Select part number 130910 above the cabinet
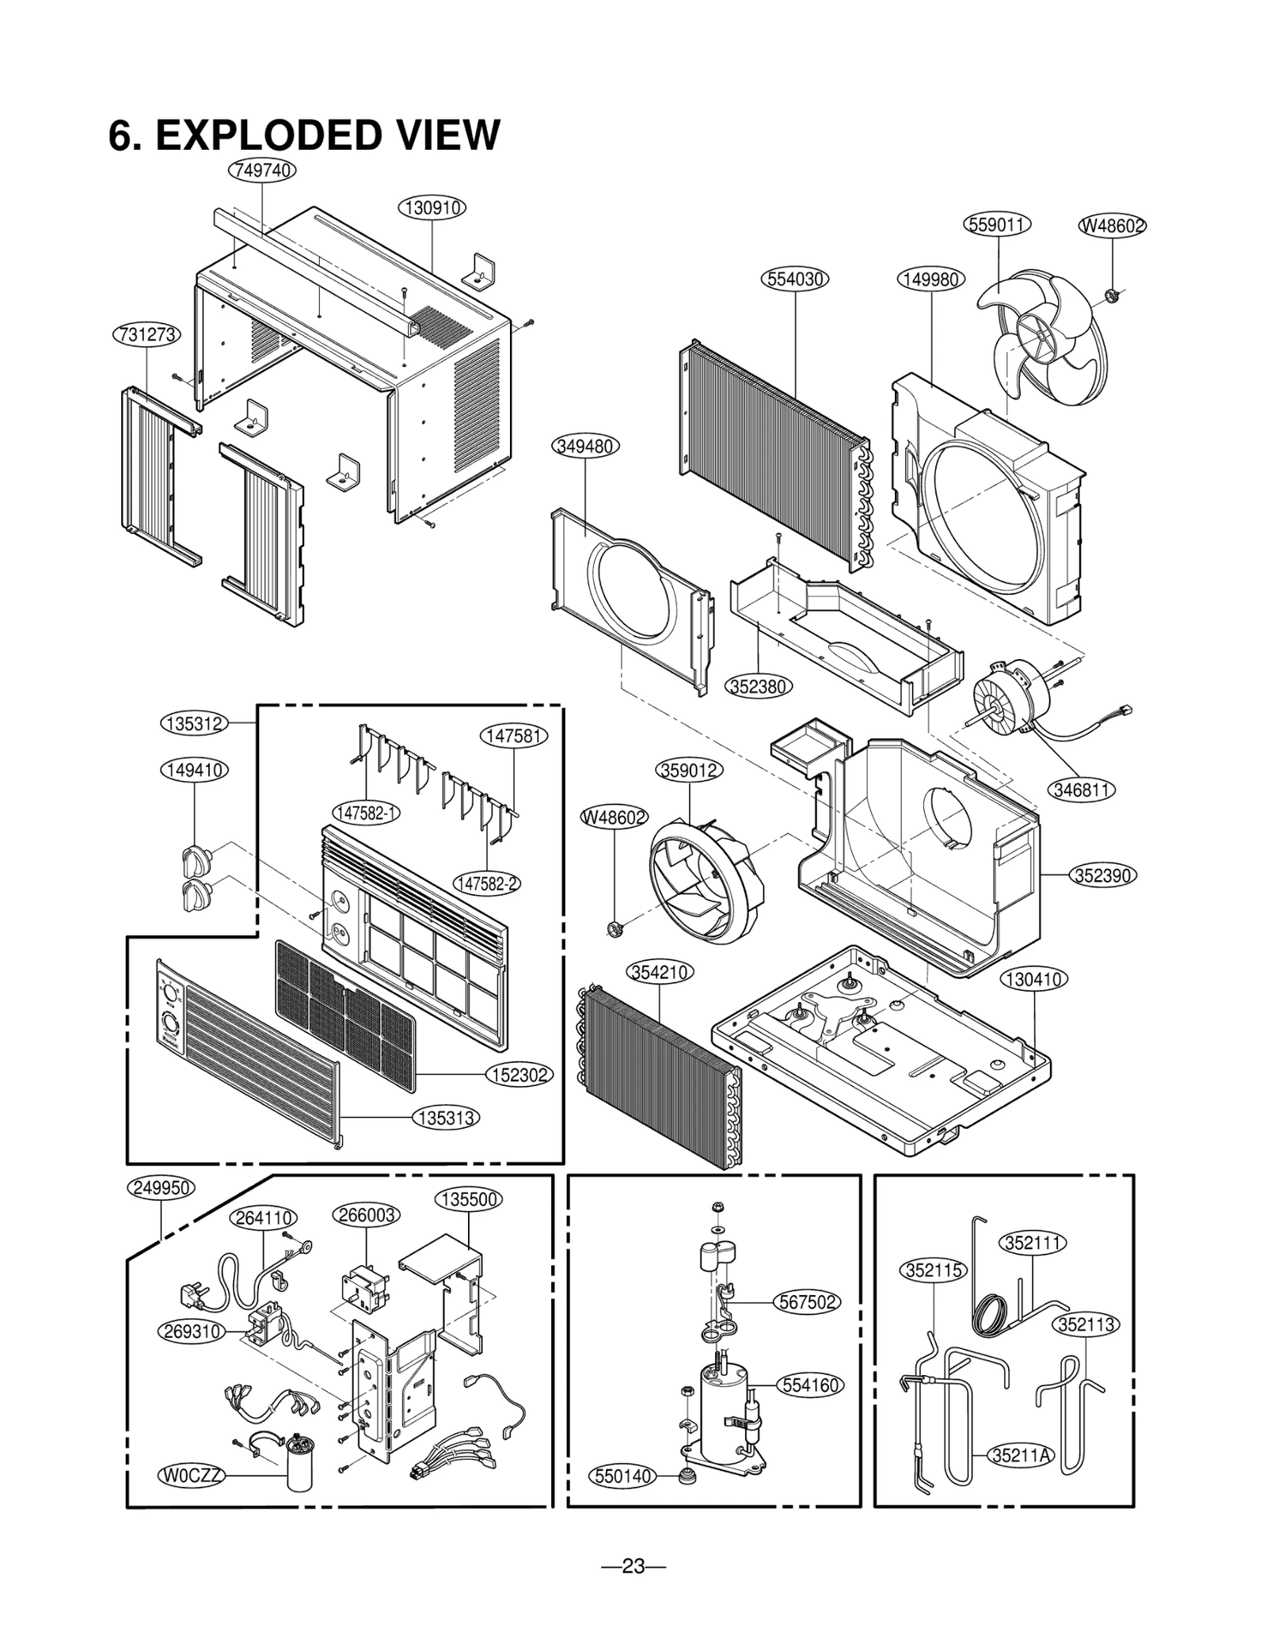(432, 208)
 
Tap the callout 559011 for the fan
(997, 224)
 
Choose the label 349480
(584, 446)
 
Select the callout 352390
(1103, 875)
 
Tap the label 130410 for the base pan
(1033, 979)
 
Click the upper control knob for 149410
(196, 859)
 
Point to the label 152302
(519, 1075)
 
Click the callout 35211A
(1022, 1454)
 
